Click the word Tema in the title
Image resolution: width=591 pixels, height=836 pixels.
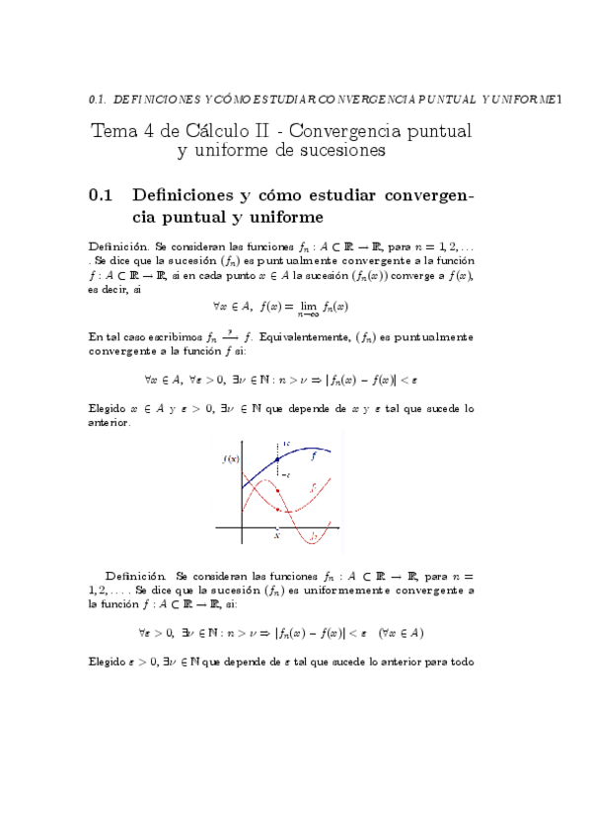tap(112, 130)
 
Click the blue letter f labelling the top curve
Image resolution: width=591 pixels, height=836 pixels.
tap(314, 455)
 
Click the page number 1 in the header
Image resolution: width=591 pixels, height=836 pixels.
tap(558, 99)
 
